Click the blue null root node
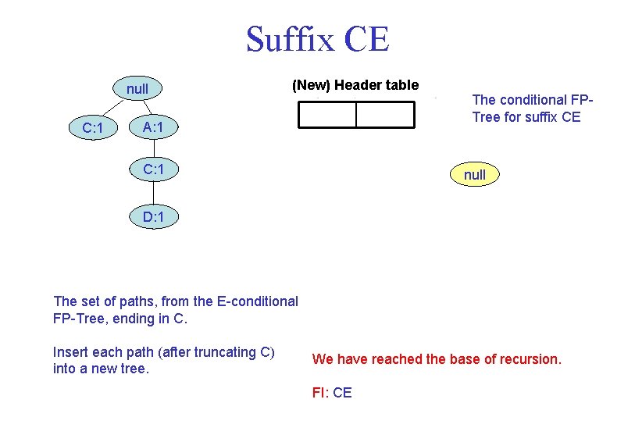point(137,88)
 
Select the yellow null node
point(474,175)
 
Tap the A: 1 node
point(153,127)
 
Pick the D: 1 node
point(153,216)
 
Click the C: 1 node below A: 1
point(153,169)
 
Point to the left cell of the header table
point(327,115)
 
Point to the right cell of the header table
point(385,115)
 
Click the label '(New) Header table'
point(355,85)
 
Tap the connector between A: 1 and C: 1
point(154,148)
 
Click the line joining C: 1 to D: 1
point(154,193)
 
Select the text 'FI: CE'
point(332,393)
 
